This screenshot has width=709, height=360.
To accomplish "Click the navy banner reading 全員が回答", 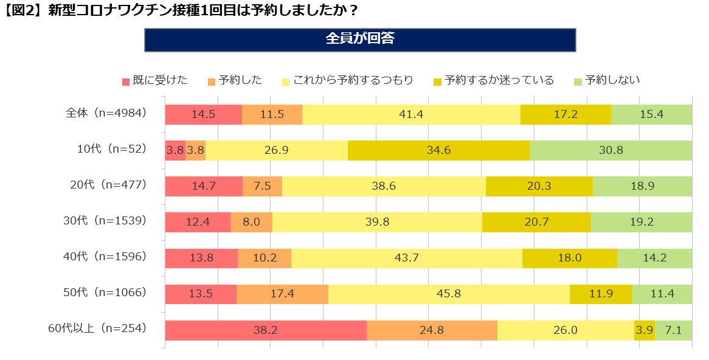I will (x=359, y=39).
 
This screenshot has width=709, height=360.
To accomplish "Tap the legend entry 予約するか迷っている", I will (x=493, y=80).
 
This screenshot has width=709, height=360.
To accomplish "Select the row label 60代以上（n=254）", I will (x=98, y=328).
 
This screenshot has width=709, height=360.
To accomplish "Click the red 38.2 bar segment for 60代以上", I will (x=266, y=330).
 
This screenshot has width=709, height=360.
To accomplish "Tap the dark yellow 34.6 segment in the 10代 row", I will (x=438, y=150).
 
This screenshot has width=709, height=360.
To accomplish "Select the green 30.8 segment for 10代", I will (x=610, y=150).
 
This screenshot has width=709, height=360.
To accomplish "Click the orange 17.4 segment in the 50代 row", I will (x=282, y=294).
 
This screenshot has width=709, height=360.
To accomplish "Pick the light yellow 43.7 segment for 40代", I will (x=406, y=258).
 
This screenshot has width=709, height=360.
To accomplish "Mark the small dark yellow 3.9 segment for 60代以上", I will (x=644, y=330).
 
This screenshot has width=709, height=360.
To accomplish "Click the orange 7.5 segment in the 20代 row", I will (x=262, y=186).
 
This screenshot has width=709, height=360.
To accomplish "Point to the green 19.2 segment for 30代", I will (x=641, y=223).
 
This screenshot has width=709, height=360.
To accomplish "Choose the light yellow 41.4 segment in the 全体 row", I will (x=411, y=114).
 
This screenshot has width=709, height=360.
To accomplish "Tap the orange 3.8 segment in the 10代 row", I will (x=195, y=150).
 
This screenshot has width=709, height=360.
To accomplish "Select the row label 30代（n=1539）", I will (x=105, y=221).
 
